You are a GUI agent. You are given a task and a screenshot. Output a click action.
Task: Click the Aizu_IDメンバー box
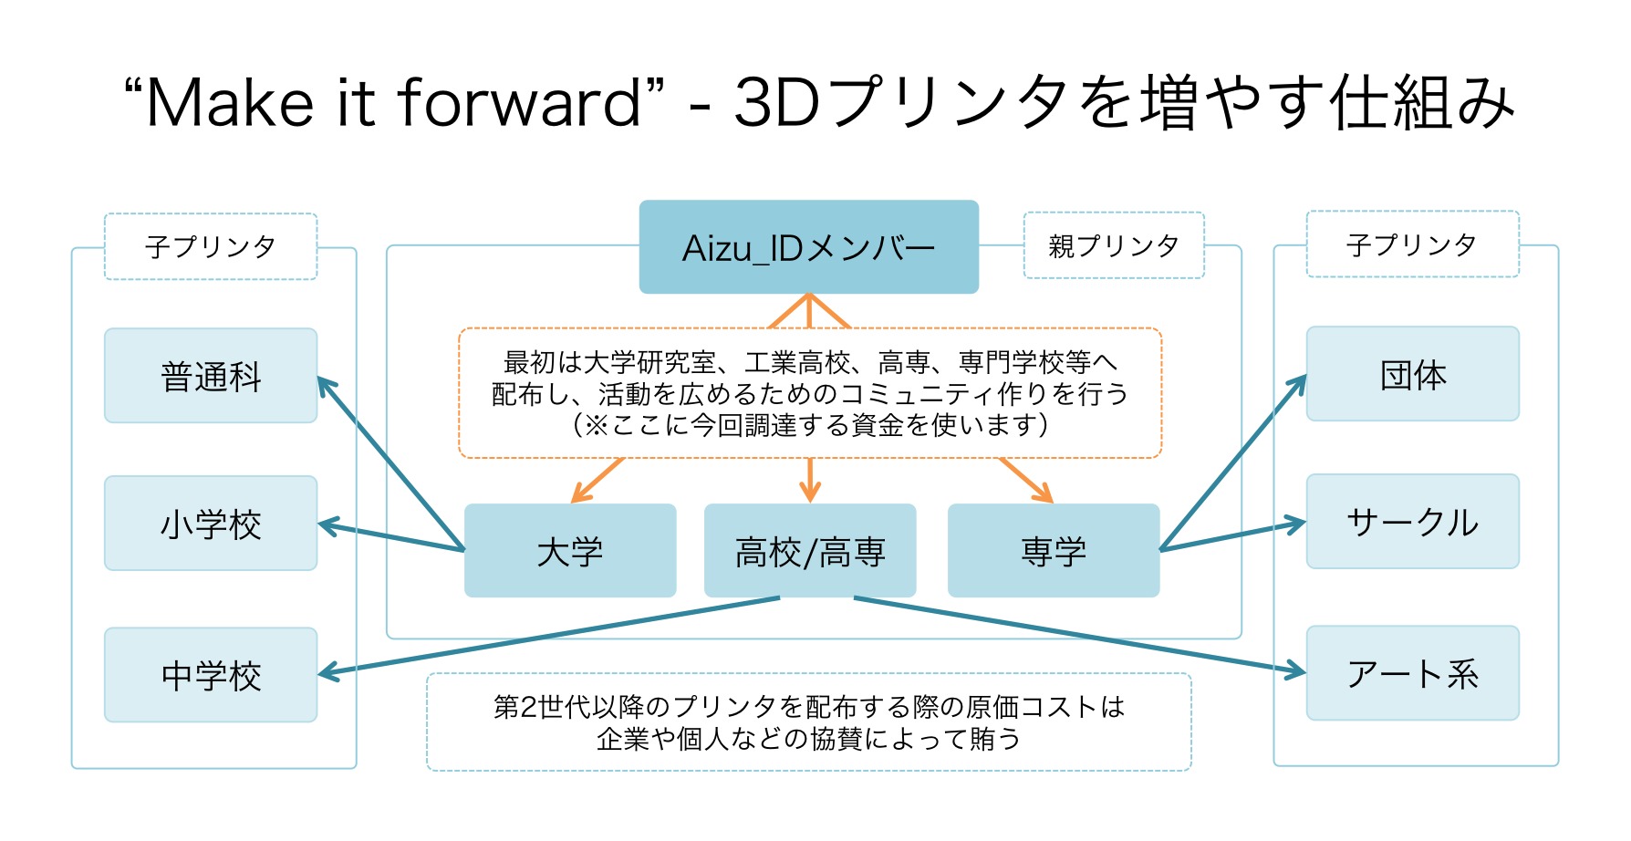[808, 247]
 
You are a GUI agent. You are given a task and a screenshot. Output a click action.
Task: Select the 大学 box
[570, 551]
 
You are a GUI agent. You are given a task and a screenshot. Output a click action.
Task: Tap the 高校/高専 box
[810, 551]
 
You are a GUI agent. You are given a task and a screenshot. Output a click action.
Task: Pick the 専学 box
[1054, 551]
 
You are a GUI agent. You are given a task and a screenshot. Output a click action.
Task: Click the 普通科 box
[211, 376]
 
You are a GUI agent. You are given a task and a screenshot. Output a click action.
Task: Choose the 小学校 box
[211, 524]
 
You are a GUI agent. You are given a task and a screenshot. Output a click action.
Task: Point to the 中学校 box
[211, 675]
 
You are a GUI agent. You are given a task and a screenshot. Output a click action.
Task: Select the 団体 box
[1412, 374]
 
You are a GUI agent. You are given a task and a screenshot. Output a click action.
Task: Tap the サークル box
[1412, 522]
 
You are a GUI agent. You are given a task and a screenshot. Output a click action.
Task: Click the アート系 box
[1412, 673]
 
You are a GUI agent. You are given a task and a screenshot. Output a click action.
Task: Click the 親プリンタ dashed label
[1114, 245]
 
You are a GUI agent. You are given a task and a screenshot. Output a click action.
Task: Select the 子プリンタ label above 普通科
[211, 246]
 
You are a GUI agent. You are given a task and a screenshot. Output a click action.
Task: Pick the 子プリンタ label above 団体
[1412, 244]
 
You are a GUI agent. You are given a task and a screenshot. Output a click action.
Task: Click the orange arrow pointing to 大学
[597, 480]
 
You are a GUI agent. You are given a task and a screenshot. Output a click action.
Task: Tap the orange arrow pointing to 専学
[1026, 480]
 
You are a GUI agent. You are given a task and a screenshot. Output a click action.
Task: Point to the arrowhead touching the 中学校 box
[328, 673]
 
